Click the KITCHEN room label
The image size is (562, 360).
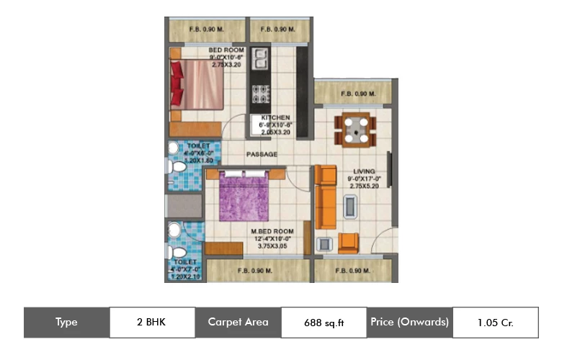[x=275, y=117]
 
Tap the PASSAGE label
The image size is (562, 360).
[x=262, y=154]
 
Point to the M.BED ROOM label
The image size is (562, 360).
[x=270, y=231]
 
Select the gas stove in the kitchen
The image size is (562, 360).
[x=259, y=94]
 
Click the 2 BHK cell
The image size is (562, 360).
[x=152, y=322]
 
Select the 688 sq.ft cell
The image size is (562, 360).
[x=324, y=323]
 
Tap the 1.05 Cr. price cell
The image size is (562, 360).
[x=495, y=322]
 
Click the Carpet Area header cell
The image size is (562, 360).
[x=238, y=322]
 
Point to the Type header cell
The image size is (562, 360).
[x=66, y=322]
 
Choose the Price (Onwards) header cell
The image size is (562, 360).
[x=410, y=322]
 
